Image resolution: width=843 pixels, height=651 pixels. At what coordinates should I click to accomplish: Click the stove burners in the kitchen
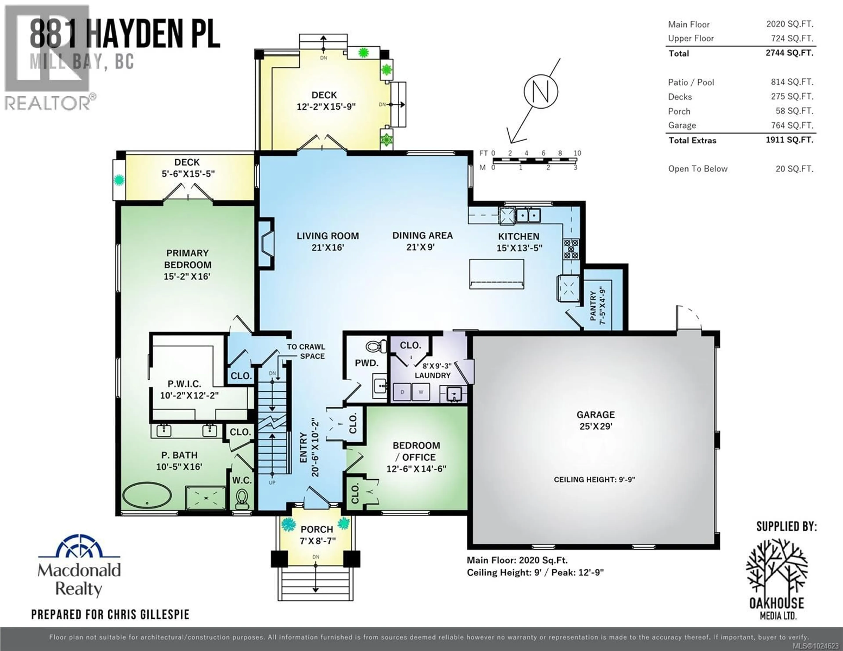(571, 249)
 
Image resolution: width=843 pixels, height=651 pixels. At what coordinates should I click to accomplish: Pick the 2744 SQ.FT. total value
(789, 53)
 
